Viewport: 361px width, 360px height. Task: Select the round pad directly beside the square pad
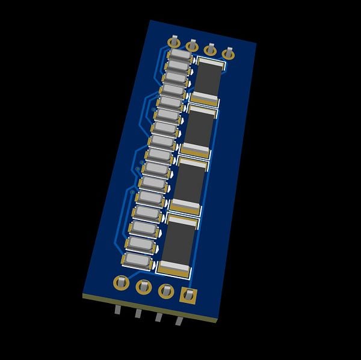(x=166, y=291)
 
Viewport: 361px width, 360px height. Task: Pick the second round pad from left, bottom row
(x=144, y=286)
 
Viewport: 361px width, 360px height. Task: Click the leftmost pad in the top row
(x=174, y=42)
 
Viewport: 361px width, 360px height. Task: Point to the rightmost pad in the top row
(x=228, y=53)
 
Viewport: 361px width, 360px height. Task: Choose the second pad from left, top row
(x=192, y=46)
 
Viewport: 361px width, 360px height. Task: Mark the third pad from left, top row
(x=211, y=50)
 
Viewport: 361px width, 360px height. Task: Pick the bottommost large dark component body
(x=178, y=243)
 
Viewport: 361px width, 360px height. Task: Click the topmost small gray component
(x=180, y=54)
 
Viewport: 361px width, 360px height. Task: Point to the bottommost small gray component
(x=138, y=260)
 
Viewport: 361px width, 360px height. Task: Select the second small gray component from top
(x=178, y=65)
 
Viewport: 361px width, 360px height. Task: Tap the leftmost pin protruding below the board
(x=117, y=310)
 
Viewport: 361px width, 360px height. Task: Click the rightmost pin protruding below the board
(x=179, y=320)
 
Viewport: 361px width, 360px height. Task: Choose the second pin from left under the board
(x=138, y=313)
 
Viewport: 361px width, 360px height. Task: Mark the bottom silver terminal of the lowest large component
(x=173, y=267)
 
